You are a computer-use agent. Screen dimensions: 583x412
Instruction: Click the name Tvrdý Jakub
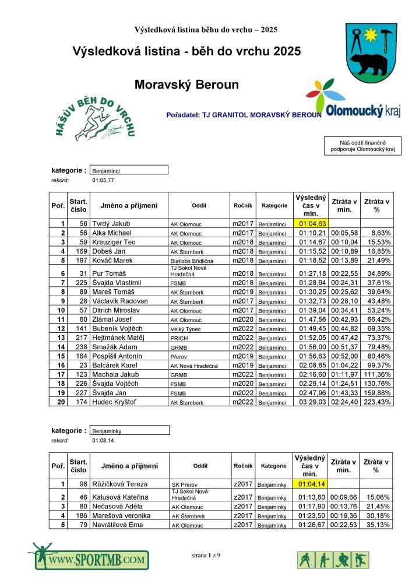pos(111,223)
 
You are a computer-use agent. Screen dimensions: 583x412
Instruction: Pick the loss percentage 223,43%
pos(376,402)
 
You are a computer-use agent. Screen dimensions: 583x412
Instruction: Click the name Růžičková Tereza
pos(119,484)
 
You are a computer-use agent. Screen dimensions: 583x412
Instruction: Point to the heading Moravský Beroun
pos(186,85)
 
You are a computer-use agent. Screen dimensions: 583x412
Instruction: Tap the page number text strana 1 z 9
pos(206,556)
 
